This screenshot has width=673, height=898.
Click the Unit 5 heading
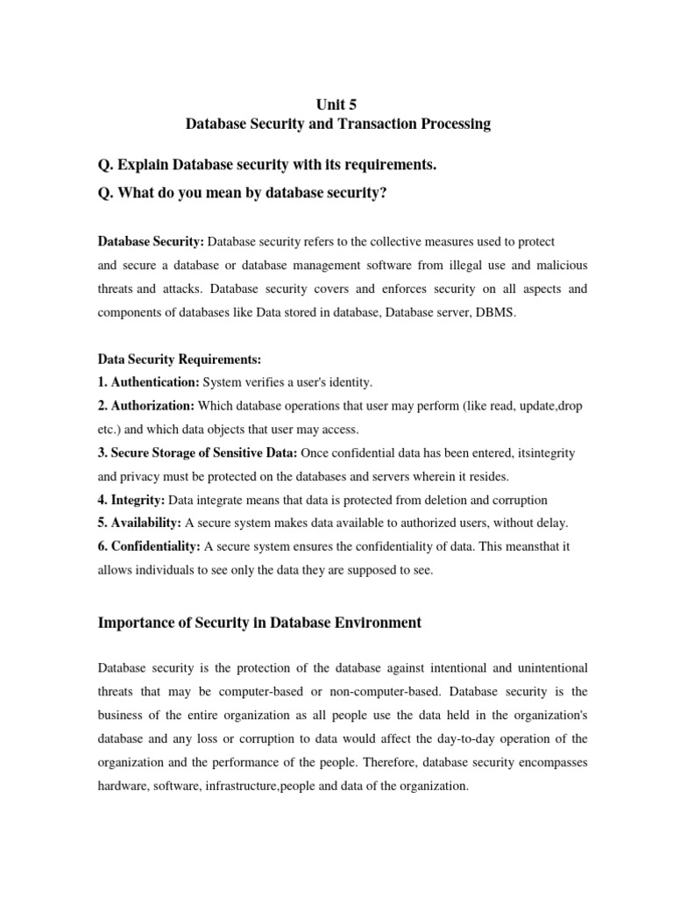point(338,103)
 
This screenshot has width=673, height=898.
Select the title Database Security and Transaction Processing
point(338,125)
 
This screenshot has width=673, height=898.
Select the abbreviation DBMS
point(497,311)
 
